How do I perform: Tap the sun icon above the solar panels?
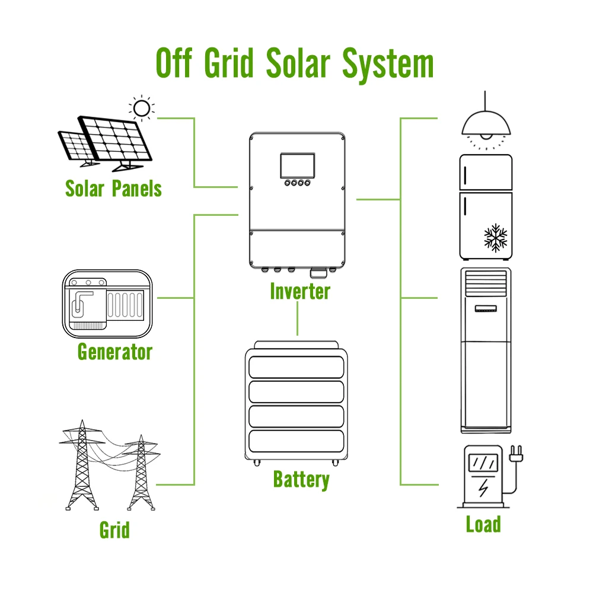[x=141, y=108]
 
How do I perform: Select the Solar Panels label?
[x=113, y=189]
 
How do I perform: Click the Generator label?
[x=115, y=352]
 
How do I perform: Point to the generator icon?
[x=107, y=304]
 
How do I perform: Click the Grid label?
[x=114, y=529]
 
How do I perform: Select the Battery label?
[x=301, y=479]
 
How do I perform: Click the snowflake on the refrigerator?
[x=496, y=237]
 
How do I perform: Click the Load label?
[x=483, y=524]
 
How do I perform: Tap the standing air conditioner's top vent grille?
[x=486, y=283]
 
